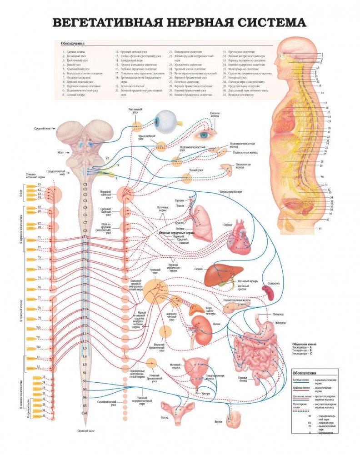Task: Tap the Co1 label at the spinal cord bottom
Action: pyautogui.click(x=85, y=413)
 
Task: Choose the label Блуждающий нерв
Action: pyautogui.click(x=231, y=191)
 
